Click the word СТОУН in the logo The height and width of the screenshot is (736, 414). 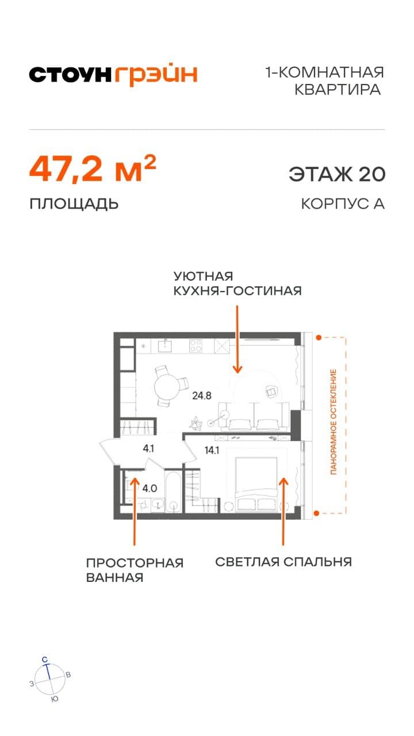70,75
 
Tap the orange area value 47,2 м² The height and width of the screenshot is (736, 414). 93,168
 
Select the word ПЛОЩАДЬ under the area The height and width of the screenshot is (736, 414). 74,204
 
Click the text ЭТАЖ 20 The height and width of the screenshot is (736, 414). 336,174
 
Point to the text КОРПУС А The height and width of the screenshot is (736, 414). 342,204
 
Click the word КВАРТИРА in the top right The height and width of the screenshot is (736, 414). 338,90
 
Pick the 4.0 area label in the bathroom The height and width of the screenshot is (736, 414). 149,489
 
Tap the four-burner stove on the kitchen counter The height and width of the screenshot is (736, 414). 196,346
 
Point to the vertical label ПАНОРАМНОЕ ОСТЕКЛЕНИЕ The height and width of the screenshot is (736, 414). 333,423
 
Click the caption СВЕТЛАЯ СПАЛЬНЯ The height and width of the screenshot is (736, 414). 283,562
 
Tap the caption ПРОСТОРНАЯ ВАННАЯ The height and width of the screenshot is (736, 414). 135,570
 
